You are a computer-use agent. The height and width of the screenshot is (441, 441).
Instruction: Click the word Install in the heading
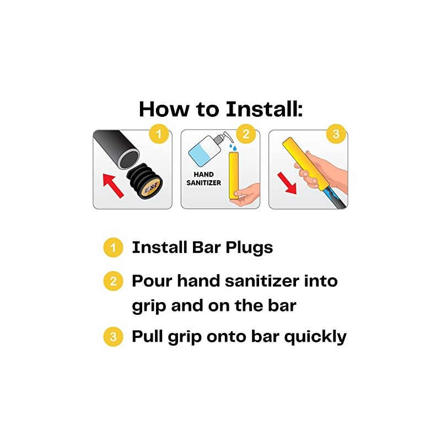pos(264,109)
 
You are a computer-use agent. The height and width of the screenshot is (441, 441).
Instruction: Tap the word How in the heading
pos(164,109)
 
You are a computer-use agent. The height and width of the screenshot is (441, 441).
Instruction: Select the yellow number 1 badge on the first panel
pos(159,134)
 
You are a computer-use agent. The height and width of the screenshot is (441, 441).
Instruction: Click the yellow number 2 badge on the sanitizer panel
pos(246,134)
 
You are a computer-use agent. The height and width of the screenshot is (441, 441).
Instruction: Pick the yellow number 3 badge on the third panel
pos(336,134)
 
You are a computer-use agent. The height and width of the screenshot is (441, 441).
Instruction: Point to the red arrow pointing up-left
pos(113,185)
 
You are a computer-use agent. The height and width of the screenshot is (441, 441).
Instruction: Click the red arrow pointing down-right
pos(287,184)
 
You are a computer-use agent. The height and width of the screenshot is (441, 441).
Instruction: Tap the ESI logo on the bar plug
pos(152,187)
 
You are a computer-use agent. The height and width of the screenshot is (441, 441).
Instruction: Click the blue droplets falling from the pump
pos(233,147)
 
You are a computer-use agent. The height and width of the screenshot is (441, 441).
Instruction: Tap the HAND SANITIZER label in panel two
pos(203,179)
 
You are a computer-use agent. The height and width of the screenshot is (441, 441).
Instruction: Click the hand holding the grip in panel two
pos(247,196)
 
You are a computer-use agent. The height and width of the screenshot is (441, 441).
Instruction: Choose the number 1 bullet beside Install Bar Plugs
pos(113,248)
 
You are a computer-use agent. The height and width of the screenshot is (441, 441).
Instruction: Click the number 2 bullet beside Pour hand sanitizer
pos(113,281)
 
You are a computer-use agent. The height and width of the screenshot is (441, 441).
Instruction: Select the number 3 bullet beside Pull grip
pos(113,336)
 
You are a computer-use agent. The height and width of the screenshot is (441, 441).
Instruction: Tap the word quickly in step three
pos(315,337)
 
